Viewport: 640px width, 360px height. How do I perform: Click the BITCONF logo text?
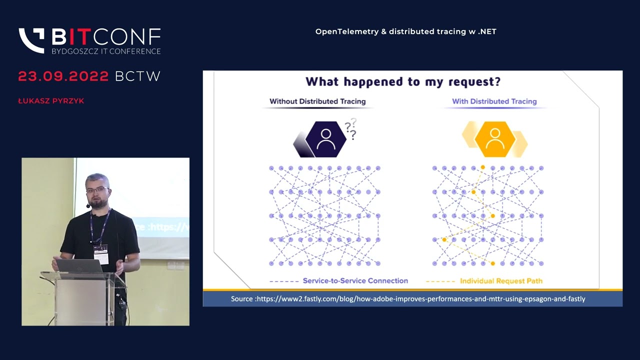tap(106, 36)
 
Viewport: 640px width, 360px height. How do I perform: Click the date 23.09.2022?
tap(63, 76)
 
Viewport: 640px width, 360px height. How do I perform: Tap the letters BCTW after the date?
tap(137, 76)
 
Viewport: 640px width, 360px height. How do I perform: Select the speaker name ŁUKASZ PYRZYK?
tap(51, 101)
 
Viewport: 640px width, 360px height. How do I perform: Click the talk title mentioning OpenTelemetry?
tap(405, 31)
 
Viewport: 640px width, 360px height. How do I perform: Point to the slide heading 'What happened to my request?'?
tap(403, 81)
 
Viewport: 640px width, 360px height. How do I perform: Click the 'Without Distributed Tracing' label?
tap(317, 101)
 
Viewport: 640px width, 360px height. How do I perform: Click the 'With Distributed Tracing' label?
tap(494, 101)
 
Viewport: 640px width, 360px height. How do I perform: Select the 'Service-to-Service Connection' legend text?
tap(355, 281)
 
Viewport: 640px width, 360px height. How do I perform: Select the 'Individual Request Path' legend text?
tap(501, 281)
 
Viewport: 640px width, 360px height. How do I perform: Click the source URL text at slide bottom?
tap(407, 299)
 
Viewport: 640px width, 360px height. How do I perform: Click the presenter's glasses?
tap(97, 190)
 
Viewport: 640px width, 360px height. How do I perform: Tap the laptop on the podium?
tap(78, 266)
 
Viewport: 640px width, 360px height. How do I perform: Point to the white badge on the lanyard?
tap(100, 254)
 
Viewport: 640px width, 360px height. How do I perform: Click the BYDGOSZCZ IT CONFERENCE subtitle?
tap(106, 51)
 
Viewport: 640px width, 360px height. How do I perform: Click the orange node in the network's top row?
tap(482, 167)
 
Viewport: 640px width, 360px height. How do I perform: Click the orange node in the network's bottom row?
tap(492, 263)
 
